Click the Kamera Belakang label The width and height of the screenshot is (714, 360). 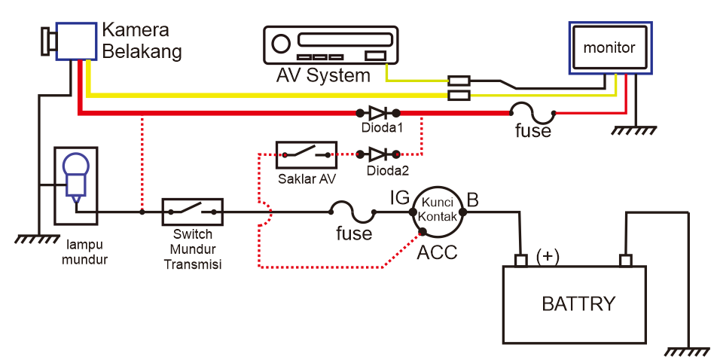coord(142,41)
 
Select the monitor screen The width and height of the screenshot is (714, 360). coord(609,47)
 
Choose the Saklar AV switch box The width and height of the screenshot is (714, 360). coord(306,154)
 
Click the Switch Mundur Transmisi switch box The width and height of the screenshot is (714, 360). coord(193,212)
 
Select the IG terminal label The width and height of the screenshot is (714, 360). coord(399,199)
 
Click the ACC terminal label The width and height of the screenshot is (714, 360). coord(437,252)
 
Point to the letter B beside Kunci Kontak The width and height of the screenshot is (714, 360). coord(473,200)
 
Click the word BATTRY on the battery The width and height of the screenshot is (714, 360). coord(578,304)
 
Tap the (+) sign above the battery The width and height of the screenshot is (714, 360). coord(548,256)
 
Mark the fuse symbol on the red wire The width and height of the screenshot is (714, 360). coord(533,112)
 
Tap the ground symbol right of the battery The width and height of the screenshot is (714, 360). coord(688,351)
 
